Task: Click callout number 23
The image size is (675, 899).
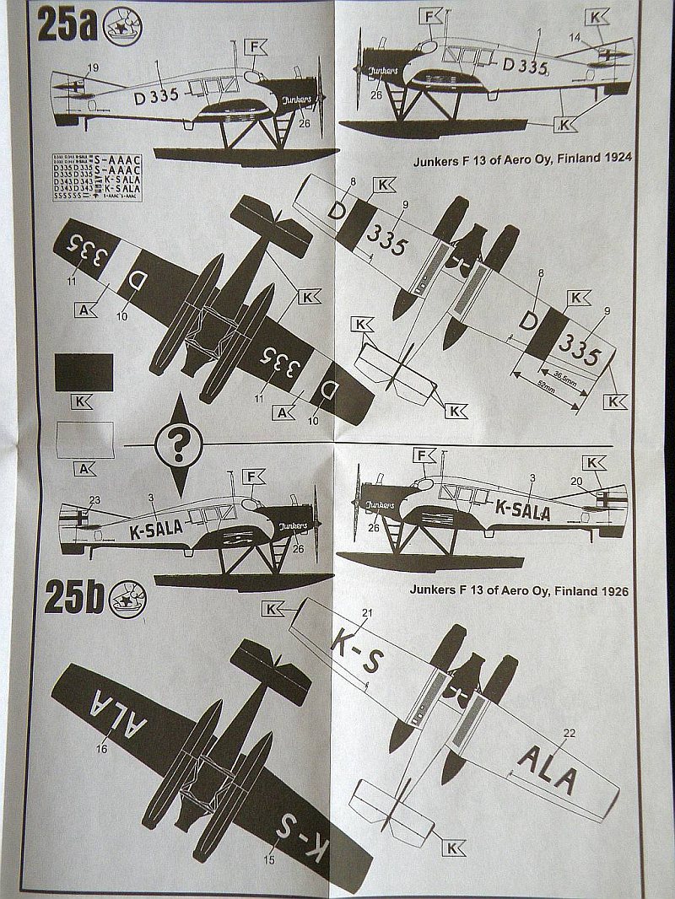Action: pyautogui.click(x=94, y=499)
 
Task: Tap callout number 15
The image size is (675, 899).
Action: pyautogui.click(x=269, y=860)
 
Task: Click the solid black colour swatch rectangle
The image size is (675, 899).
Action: pyautogui.click(x=83, y=372)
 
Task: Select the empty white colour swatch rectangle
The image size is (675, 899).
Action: pyautogui.click(x=84, y=439)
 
